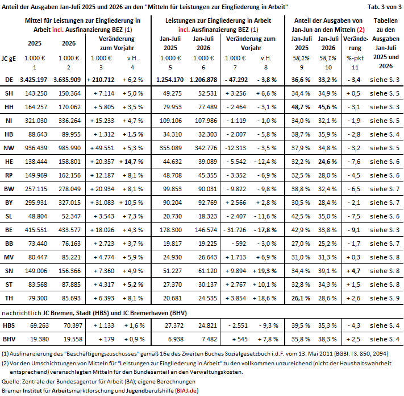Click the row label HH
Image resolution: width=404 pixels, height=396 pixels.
[9, 107]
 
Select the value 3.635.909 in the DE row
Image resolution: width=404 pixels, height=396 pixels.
[67, 80]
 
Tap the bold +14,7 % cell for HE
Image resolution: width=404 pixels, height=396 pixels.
[131, 162]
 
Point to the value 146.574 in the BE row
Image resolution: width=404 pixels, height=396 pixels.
[206, 230]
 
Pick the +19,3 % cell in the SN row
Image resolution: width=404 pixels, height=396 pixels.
[265, 271]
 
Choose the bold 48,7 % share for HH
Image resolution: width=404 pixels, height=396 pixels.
[301, 107]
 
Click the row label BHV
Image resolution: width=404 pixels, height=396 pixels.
[9, 339]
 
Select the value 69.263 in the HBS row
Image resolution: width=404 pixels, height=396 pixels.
[39, 325]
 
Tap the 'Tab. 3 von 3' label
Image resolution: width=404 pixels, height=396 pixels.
[385, 7]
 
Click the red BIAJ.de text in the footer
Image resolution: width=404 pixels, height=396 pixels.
[186, 390]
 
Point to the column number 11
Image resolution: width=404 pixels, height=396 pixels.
[355, 68]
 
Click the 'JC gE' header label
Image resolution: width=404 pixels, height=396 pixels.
[9, 59]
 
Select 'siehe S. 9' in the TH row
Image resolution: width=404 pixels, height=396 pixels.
[385, 298]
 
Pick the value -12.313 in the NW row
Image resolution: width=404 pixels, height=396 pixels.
[235, 148]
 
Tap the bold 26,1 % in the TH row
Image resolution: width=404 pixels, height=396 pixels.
[301, 298]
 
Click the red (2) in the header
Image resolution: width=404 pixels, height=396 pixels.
[360, 30]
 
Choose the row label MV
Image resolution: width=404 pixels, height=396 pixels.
[9, 257]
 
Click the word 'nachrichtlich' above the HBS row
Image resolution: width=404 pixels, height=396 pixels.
[22, 313]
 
